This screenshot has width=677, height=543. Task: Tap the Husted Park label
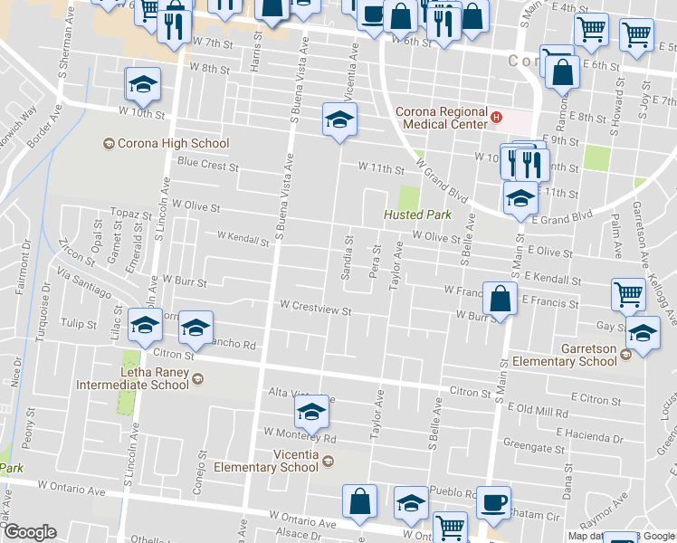pyautogui.click(x=416, y=214)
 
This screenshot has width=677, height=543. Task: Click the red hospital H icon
pyautogui.click(x=495, y=116)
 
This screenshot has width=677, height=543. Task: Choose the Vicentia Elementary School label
pyautogui.click(x=266, y=461)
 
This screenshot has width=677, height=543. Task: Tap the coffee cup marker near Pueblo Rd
pyautogui.click(x=493, y=503)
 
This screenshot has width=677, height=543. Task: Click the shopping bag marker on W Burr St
pyautogui.click(x=500, y=298)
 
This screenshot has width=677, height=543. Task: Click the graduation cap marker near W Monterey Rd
pyautogui.click(x=311, y=413)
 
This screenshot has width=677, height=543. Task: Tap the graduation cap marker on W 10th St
pyautogui.click(x=143, y=85)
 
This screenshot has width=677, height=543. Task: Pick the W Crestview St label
pyautogui.click(x=315, y=309)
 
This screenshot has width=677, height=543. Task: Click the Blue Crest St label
pyautogui.click(x=207, y=167)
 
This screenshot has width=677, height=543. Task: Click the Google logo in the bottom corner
pyautogui.click(x=29, y=532)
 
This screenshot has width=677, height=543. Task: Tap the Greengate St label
pyautogui.click(x=534, y=447)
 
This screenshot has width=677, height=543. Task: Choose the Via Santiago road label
pyautogui.click(x=84, y=282)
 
